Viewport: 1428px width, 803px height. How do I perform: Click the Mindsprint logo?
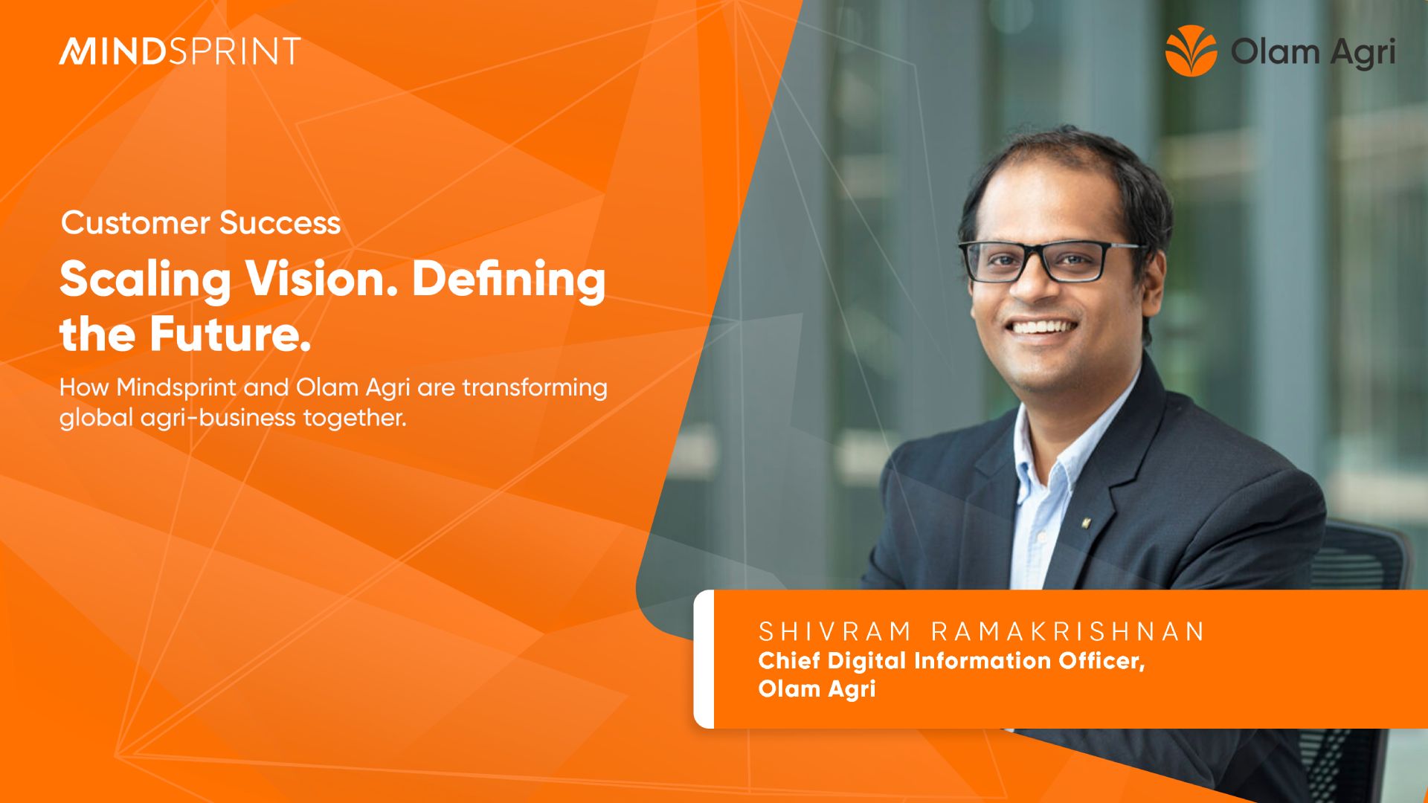[180, 51]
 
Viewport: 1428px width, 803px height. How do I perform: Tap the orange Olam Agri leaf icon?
[1191, 51]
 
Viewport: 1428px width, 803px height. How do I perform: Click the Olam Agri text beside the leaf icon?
[1313, 53]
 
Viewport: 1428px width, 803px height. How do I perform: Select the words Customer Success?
[201, 223]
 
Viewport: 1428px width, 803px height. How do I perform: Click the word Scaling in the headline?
[146, 281]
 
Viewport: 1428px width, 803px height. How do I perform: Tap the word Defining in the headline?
[509, 281]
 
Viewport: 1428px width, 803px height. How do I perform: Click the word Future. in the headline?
[230, 334]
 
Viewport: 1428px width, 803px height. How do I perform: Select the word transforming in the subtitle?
[535, 388]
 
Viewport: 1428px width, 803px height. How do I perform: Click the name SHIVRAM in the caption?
[834, 632]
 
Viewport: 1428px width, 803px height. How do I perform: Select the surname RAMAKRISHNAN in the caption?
[1068, 632]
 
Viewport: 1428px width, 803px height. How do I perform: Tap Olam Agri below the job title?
[817, 689]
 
